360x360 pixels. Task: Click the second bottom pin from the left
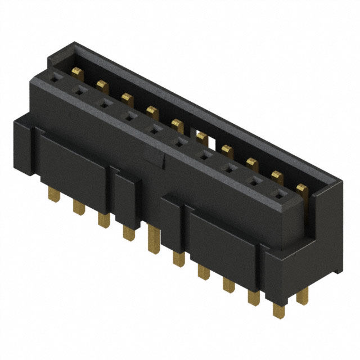point(78,208)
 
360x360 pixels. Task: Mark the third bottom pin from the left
point(103,219)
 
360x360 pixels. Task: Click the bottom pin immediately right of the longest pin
point(179,258)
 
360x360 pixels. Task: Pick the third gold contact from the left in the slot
point(126,98)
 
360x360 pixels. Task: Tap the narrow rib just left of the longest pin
point(128,196)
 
